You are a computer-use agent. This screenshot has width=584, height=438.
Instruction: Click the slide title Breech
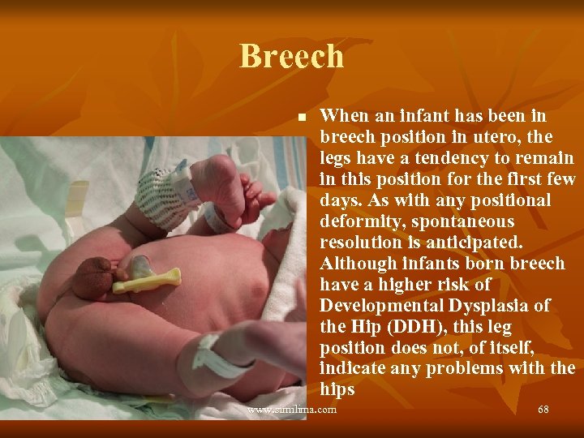pos(291,57)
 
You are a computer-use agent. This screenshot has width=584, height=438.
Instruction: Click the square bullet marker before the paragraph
pos(302,118)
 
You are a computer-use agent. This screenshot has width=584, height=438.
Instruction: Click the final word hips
pos(337,389)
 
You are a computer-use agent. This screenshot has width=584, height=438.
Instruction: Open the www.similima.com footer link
pos(292,410)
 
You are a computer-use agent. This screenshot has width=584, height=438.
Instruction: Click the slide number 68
pos(543,410)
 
